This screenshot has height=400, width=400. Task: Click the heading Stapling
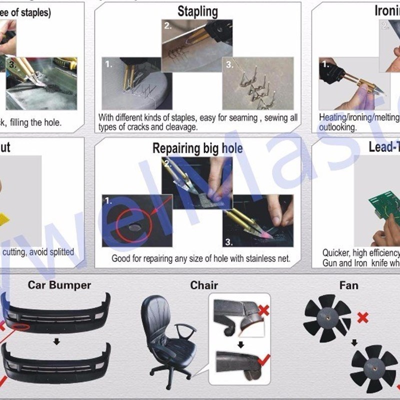[x=197, y=11]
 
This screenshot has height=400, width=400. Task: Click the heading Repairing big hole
[x=197, y=148]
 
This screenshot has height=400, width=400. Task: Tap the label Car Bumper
[x=59, y=285]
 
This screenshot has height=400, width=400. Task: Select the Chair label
[x=204, y=285]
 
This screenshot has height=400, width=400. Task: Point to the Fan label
[x=348, y=285]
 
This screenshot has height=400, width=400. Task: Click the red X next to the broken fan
[x=363, y=317]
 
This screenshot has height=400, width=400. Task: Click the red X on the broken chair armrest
[x=263, y=311]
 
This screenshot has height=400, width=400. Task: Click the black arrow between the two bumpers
[x=57, y=341]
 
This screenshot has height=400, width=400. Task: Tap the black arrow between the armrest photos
[x=240, y=344]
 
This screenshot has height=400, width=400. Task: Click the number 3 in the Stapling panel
[x=229, y=64]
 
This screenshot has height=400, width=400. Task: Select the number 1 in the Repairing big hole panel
[x=108, y=201]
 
